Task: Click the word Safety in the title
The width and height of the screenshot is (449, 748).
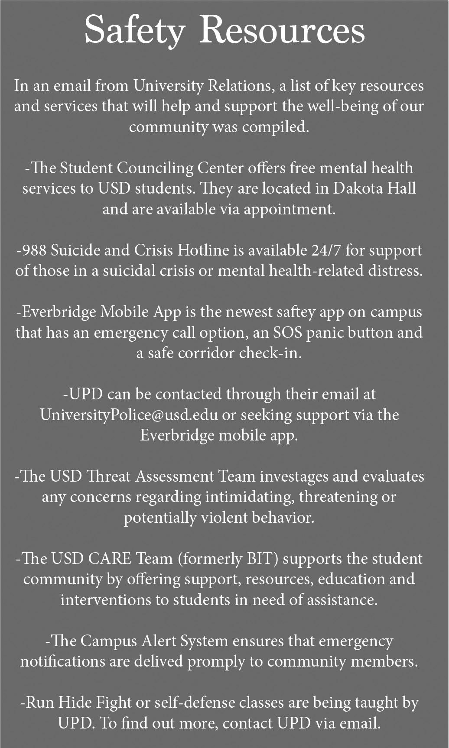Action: (134, 30)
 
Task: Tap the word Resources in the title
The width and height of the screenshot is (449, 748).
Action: (282, 30)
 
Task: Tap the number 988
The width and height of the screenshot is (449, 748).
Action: (35, 250)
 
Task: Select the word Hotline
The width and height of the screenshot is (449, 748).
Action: (204, 250)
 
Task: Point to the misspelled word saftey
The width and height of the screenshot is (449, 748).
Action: (299, 312)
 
